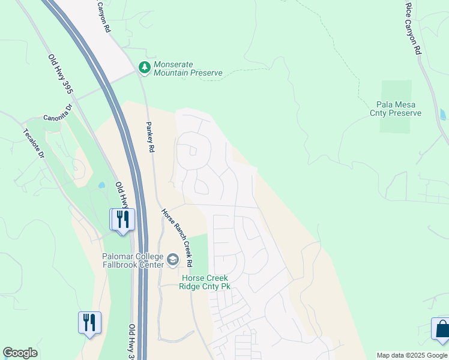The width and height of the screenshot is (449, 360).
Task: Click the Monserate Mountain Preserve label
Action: (x=187, y=69)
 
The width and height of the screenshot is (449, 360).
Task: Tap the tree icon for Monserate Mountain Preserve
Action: (x=144, y=67)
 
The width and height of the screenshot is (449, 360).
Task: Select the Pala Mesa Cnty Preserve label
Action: (x=395, y=109)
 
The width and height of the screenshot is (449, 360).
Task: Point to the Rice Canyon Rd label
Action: (x=412, y=29)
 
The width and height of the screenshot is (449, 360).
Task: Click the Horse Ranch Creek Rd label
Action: (x=176, y=238)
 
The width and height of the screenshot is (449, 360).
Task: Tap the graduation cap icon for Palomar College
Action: (x=173, y=259)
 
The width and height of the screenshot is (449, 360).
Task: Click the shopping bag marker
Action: (x=441, y=329)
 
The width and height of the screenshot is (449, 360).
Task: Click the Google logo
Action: (x=20, y=353)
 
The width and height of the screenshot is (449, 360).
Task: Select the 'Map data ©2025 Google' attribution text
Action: (x=412, y=355)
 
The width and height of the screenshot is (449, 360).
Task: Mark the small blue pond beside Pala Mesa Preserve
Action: (x=443, y=115)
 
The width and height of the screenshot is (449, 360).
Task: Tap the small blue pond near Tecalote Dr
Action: (x=101, y=185)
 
